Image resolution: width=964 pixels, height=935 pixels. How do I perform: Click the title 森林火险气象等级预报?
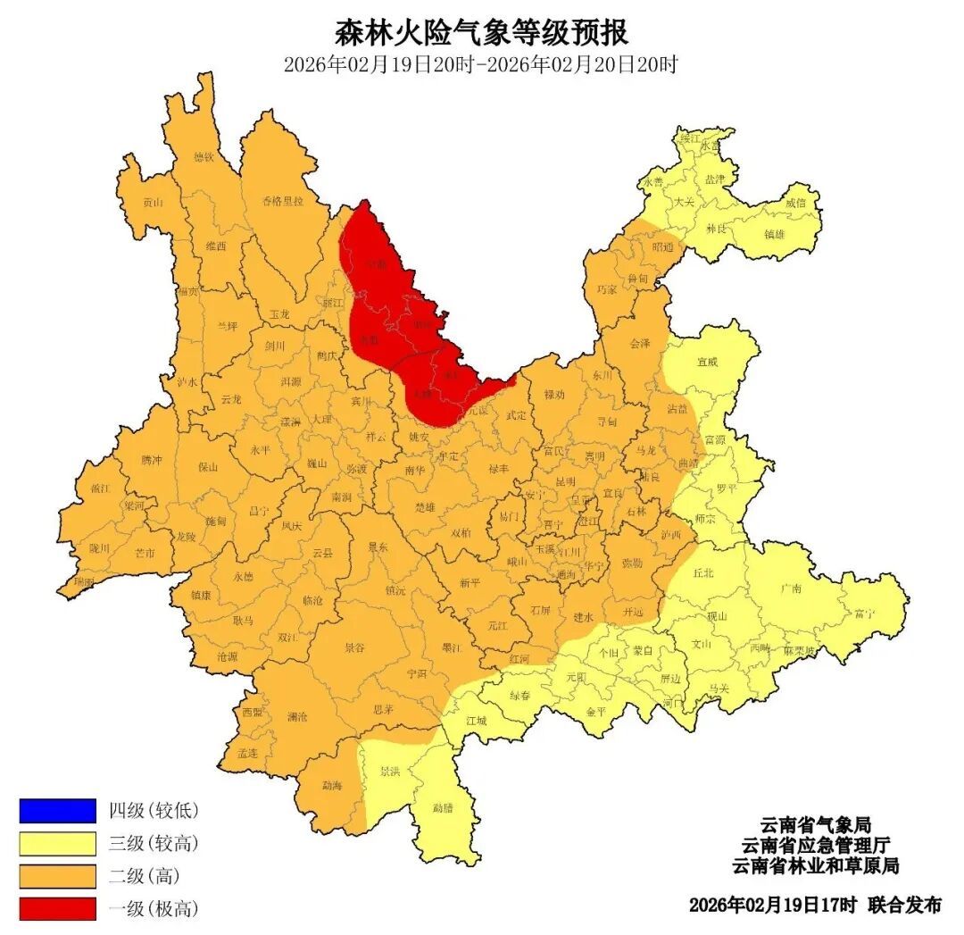(x=481, y=32)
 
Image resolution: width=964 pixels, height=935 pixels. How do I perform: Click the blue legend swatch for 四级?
(x=57, y=810)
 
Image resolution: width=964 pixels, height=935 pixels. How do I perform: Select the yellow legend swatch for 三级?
(x=57, y=843)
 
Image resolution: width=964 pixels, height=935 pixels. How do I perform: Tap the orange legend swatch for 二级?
(x=57, y=876)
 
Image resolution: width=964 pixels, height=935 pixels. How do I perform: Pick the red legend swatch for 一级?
(x=57, y=909)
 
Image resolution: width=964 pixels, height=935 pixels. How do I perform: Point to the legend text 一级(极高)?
(x=153, y=909)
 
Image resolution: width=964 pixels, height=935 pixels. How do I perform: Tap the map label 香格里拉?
(x=282, y=201)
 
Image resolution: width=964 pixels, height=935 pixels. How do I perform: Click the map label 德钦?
(x=204, y=157)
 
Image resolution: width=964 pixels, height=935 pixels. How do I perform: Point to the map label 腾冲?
(x=152, y=459)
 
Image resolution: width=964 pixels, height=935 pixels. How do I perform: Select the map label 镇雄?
(x=775, y=234)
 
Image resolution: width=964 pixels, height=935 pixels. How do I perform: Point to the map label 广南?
(x=790, y=589)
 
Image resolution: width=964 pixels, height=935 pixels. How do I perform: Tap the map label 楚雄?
(x=425, y=506)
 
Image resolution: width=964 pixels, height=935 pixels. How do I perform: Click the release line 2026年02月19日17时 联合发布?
(x=814, y=905)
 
